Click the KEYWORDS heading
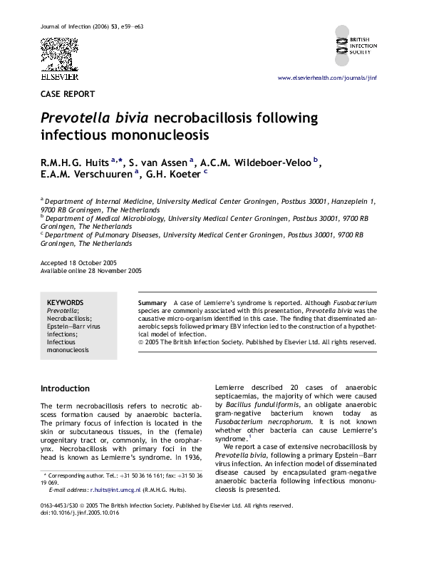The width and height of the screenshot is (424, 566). [x=65, y=303]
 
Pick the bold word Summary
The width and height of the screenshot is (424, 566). [x=152, y=303]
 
